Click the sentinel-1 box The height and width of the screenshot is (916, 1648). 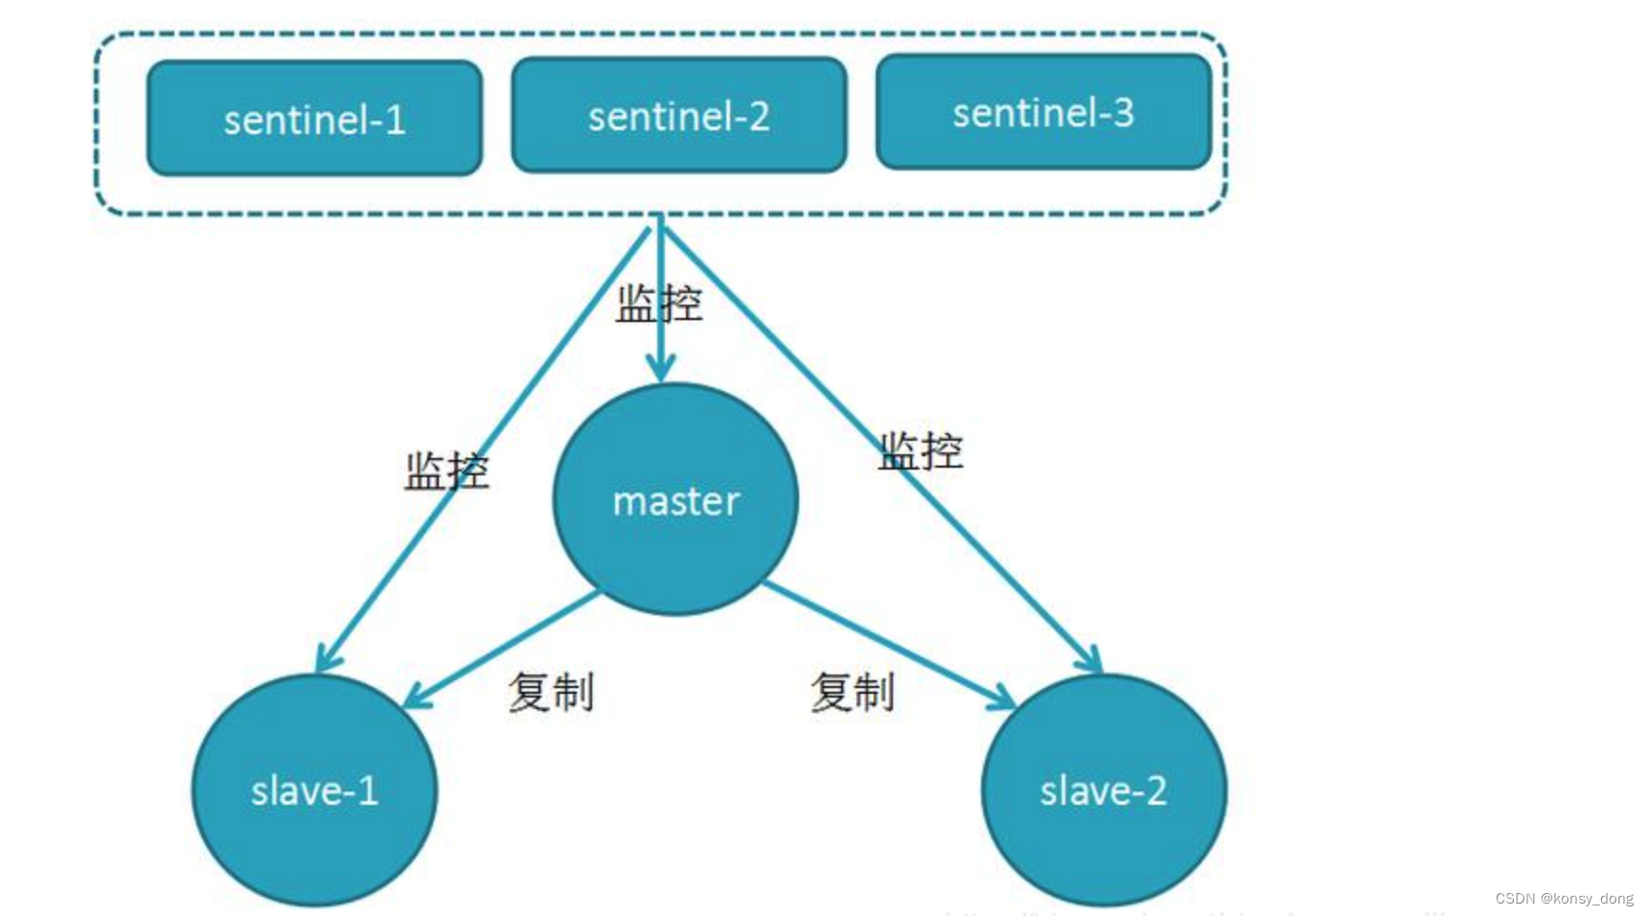(314, 119)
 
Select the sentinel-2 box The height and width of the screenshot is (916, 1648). (678, 116)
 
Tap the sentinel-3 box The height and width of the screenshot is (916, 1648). (1043, 112)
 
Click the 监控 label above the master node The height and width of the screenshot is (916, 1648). (659, 304)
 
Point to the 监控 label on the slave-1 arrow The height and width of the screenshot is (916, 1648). (446, 470)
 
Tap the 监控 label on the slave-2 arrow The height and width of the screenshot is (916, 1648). (921, 450)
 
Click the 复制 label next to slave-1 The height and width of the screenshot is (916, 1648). (551, 692)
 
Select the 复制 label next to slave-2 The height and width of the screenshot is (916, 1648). (853, 692)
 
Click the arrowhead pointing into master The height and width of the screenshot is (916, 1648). (660, 370)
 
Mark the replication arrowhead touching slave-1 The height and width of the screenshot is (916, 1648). (415, 698)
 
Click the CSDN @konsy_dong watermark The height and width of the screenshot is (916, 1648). (1564, 898)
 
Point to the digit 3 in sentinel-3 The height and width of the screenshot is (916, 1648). (1123, 112)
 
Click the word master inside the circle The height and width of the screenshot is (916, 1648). (675, 501)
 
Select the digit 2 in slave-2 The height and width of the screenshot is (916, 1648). (1156, 791)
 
